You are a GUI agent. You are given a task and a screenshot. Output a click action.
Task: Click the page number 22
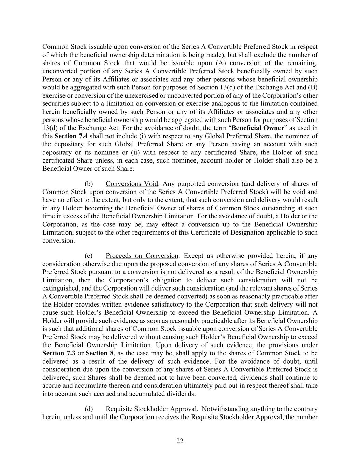pyautogui.click(x=180, y=441)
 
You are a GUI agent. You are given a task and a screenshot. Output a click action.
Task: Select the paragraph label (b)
pyautogui.click(x=88, y=184)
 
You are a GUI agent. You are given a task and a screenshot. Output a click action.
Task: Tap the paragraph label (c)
pyautogui.click(x=88, y=256)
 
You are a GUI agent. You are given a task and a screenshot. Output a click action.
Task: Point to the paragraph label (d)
pyautogui.click(x=88, y=409)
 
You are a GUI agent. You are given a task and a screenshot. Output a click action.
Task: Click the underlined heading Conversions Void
pyautogui.click(x=132, y=184)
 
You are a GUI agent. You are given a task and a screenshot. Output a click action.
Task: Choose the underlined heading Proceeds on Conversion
pyautogui.click(x=142, y=256)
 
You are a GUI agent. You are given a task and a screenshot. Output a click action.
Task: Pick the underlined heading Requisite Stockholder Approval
pyautogui.click(x=151, y=409)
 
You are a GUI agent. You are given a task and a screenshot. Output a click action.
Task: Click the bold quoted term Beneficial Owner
pyautogui.click(x=258, y=128)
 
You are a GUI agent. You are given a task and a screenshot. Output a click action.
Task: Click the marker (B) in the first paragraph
pyautogui.click(x=313, y=87)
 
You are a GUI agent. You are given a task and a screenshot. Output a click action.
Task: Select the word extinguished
pyautogui.click(x=61, y=288)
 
